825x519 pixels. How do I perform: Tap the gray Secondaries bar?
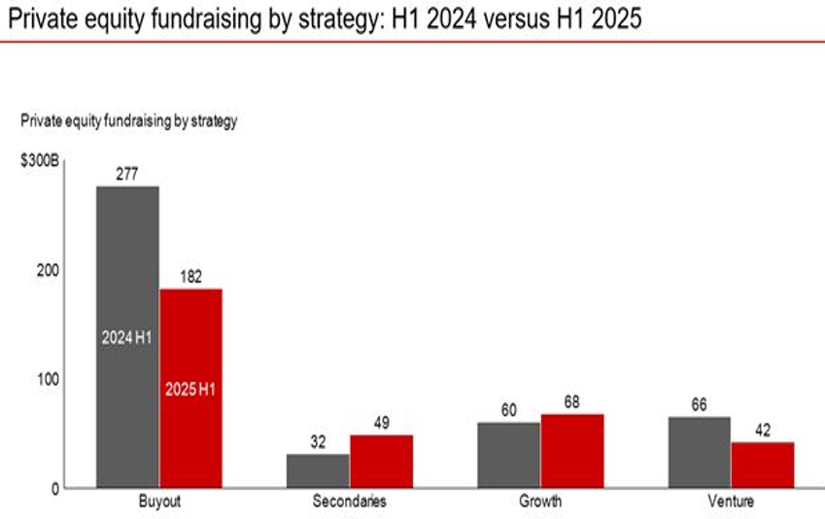318,471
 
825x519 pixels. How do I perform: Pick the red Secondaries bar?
381,462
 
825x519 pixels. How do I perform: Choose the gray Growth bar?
508,455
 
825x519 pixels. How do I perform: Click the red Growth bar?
571,451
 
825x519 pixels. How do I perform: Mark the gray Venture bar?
699,452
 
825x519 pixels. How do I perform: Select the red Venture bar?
762,465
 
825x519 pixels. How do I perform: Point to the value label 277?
126,174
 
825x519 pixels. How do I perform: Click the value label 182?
190,277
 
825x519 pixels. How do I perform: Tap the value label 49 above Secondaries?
381,423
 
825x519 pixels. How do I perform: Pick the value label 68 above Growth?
571,402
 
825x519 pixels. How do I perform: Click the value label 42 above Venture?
762,431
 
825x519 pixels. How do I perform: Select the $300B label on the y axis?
40,160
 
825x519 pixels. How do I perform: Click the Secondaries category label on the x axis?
349,502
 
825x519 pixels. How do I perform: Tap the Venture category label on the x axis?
730,502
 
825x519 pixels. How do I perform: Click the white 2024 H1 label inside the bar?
126,338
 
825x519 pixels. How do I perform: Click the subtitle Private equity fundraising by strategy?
129,121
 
